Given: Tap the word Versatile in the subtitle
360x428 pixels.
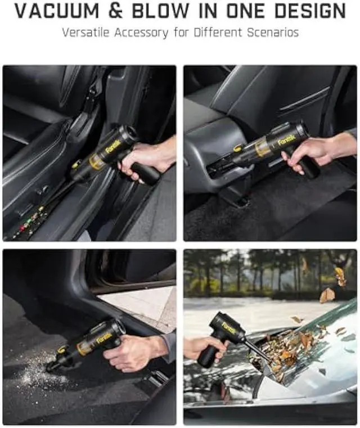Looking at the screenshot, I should tap(87, 32).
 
